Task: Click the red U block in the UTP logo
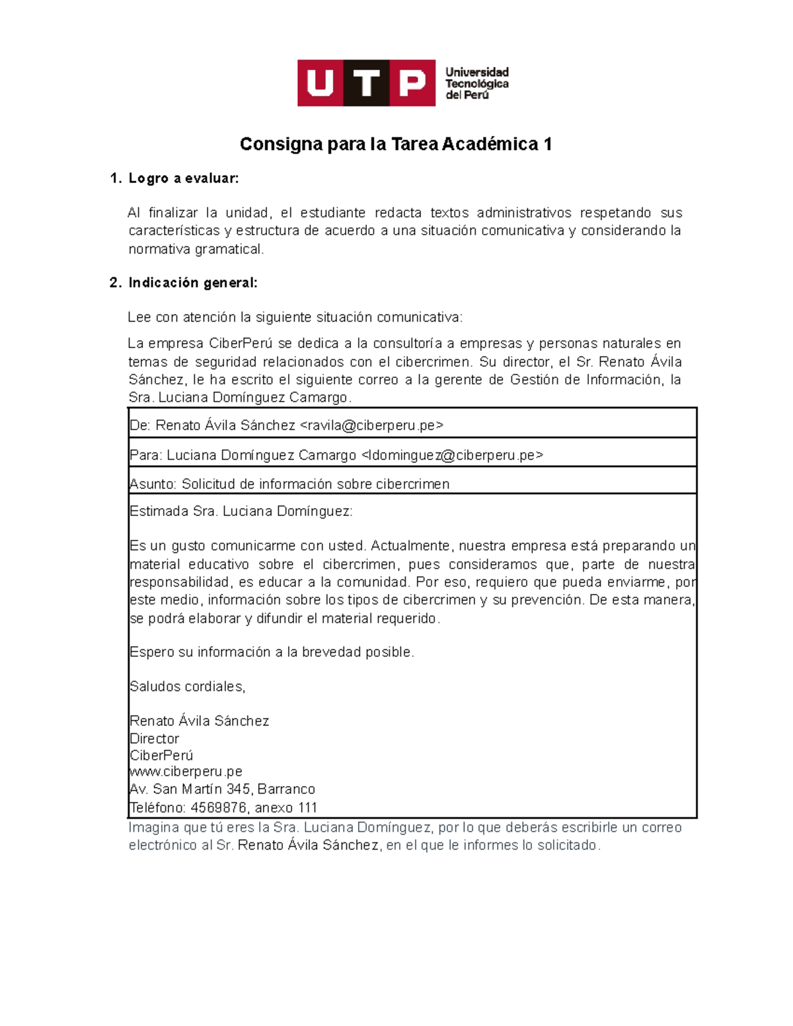pyautogui.click(x=320, y=83)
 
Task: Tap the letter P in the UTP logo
pyautogui.click(x=412, y=83)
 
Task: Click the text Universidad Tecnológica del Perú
pyautogui.click(x=476, y=84)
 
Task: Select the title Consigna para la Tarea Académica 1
pyautogui.click(x=396, y=144)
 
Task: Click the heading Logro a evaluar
pyautogui.click(x=183, y=178)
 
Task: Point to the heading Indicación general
pyautogui.click(x=192, y=283)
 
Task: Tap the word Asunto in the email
pyautogui.click(x=153, y=484)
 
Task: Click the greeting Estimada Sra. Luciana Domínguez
pyautogui.click(x=241, y=511)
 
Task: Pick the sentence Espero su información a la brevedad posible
pyautogui.click(x=272, y=652)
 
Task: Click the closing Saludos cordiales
pyautogui.click(x=187, y=686)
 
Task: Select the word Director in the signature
pyautogui.click(x=155, y=739)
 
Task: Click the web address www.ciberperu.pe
pyautogui.click(x=186, y=772)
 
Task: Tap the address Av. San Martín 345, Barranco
pyautogui.click(x=222, y=789)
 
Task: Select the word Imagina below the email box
pyautogui.click(x=154, y=828)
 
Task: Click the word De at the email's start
pyautogui.click(x=139, y=425)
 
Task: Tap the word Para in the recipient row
pyautogui.click(x=145, y=455)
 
